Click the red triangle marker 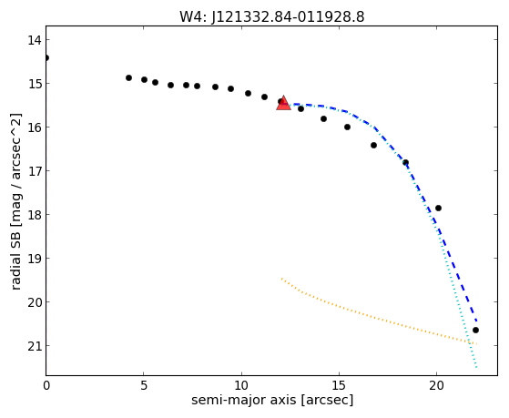click(283, 103)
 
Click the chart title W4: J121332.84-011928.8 click(272, 16)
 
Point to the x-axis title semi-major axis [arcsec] click(272, 400)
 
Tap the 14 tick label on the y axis click(34, 40)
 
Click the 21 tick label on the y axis click(34, 346)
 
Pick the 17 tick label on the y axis click(34, 171)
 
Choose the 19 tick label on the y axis click(34, 259)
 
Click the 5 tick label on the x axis click(144, 385)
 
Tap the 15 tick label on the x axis click(339, 385)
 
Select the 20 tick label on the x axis click(436, 385)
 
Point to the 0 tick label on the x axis click(46, 385)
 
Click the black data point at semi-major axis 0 click(46, 57)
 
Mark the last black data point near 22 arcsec click(475, 331)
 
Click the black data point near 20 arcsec click(438, 208)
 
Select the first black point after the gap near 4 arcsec click(128, 77)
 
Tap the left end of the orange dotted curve click(281, 279)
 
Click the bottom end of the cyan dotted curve click(476, 367)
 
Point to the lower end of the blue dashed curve click(476, 321)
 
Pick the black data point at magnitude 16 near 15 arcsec click(347, 127)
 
